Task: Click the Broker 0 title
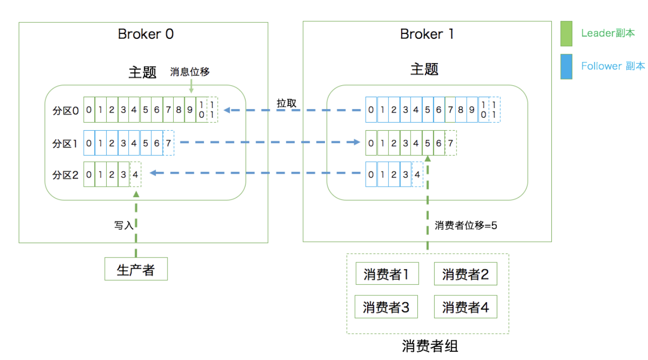coord(145,34)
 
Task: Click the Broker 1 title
coord(427,34)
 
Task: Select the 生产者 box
coord(136,269)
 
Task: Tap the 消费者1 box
coord(387,273)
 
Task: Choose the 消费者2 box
coord(466,274)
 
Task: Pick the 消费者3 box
coord(386,307)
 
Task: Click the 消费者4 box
coord(466,307)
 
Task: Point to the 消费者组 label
coord(430,346)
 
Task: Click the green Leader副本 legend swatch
coord(566,34)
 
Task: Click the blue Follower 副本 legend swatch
coord(566,67)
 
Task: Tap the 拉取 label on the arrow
coord(286,103)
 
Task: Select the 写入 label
coord(124,225)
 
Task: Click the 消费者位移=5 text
coord(466,225)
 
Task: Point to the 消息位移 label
coord(190,72)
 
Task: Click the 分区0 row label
coord(66,111)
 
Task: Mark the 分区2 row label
coord(66,175)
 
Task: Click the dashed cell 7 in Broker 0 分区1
coord(168,143)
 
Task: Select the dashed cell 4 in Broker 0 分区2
coord(135,174)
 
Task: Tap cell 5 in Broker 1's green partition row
coord(427,143)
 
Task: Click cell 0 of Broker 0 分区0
coord(89,110)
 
